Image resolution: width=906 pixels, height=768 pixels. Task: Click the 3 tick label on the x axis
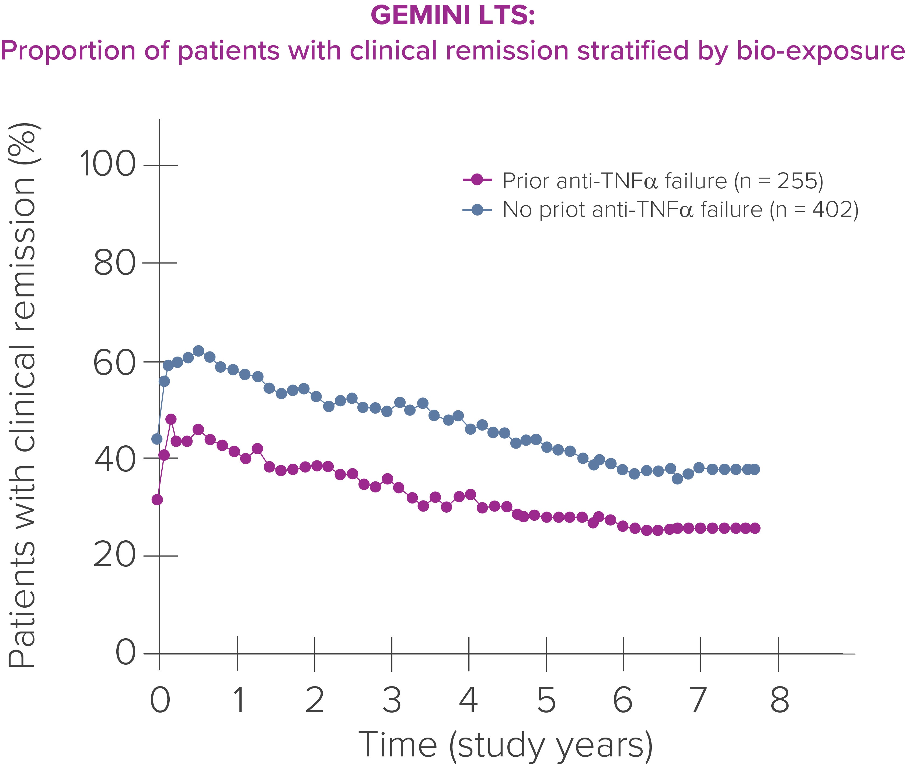click(392, 700)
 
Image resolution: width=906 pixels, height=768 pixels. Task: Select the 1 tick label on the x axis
click(238, 700)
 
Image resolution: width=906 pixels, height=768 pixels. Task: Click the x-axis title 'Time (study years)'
click(506, 745)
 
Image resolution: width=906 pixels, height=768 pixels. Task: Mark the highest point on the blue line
click(198, 351)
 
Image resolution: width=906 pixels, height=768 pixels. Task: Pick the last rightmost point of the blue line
click(754, 469)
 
